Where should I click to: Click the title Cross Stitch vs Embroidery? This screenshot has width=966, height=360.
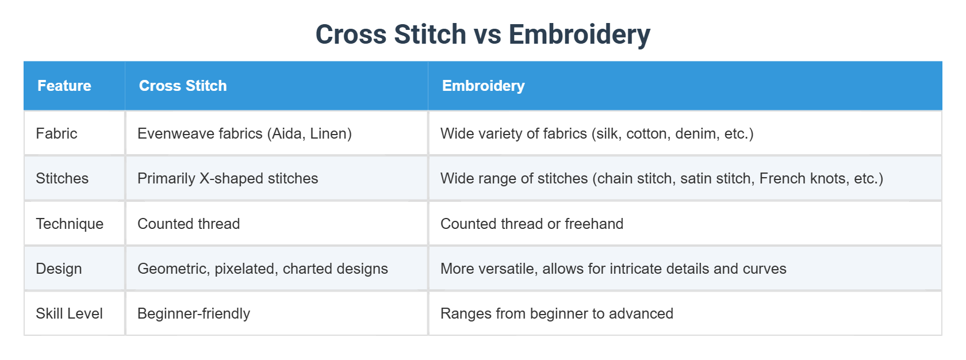click(x=482, y=35)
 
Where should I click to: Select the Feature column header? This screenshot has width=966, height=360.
click(x=64, y=86)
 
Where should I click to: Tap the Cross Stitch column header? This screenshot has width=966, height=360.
click(x=183, y=86)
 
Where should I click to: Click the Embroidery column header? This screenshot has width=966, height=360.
click(x=483, y=86)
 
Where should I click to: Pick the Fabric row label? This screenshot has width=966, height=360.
click(x=56, y=133)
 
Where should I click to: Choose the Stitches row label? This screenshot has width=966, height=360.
click(x=62, y=178)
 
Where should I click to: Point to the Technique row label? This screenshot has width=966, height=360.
click(x=70, y=224)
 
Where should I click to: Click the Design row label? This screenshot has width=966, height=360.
click(x=59, y=269)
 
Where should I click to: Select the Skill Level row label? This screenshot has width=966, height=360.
click(x=69, y=313)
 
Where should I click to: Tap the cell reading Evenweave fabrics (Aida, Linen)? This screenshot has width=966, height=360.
click(x=244, y=133)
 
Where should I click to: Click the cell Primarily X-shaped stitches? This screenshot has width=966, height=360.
click(x=228, y=178)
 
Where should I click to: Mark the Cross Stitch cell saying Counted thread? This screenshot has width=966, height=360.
click(x=189, y=224)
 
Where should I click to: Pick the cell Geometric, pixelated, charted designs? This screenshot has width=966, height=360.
click(x=263, y=269)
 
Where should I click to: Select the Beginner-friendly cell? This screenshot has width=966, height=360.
click(x=194, y=313)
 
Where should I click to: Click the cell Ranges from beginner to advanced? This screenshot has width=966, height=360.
click(x=557, y=313)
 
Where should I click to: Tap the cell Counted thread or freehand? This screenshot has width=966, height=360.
click(x=532, y=224)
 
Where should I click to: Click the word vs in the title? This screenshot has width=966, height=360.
click(x=487, y=35)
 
